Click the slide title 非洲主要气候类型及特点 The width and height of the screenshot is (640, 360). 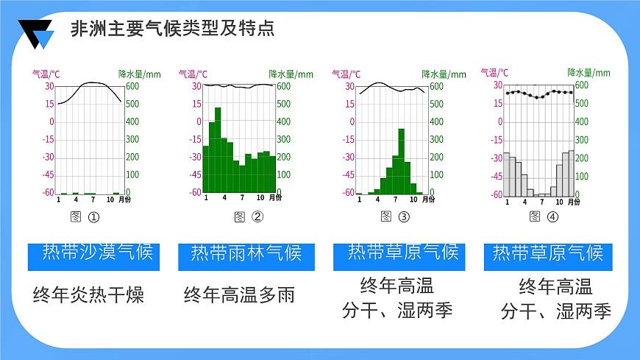172,29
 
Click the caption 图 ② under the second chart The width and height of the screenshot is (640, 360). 248,216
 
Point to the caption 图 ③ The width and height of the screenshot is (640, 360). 394,216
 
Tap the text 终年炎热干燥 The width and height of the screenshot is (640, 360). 88,296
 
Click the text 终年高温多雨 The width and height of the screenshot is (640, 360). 239,296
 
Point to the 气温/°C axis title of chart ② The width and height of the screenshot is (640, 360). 193,74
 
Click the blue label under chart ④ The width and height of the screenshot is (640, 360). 548,254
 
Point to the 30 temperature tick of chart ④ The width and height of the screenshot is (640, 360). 498,85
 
